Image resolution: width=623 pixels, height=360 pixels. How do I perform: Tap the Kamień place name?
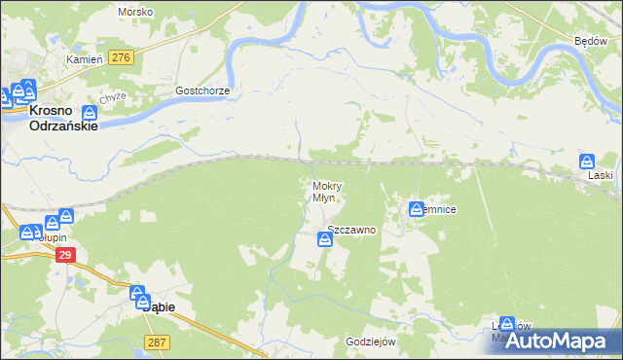(84, 59)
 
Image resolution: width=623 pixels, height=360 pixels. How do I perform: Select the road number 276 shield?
(121, 58)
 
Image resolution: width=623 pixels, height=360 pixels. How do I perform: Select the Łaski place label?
(601, 177)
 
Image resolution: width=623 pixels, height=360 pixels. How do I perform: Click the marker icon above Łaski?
(586, 162)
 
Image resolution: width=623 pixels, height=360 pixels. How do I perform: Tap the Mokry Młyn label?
(324, 191)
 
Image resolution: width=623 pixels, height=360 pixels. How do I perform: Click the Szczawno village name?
(351, 230)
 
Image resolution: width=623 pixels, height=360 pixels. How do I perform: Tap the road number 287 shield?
(157, 342)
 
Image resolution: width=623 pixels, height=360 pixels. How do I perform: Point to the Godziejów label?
(370, 342)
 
